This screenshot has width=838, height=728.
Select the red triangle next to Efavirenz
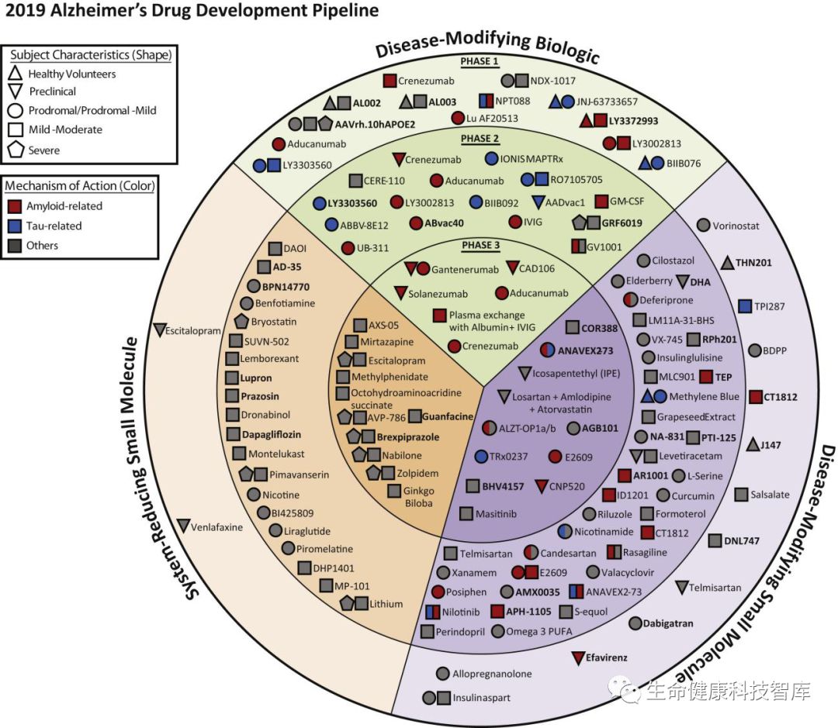pyautogui.click(x=577, y=658)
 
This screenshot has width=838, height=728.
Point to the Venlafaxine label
pyautogui.click(x=218, y=526)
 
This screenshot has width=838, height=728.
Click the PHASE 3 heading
pyautogui.click(x=481, y=246)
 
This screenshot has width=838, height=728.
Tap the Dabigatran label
pyautogui.click(x=667, y=623)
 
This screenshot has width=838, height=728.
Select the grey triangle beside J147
pyautogui.click(x=752, y=444)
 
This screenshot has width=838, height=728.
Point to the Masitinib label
pyautogui.click(x=497, y=513)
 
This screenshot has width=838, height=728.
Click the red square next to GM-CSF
pyautogui.click(x=601, y=202)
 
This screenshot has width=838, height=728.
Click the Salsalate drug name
pyautogui.click(x=770, y=494)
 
